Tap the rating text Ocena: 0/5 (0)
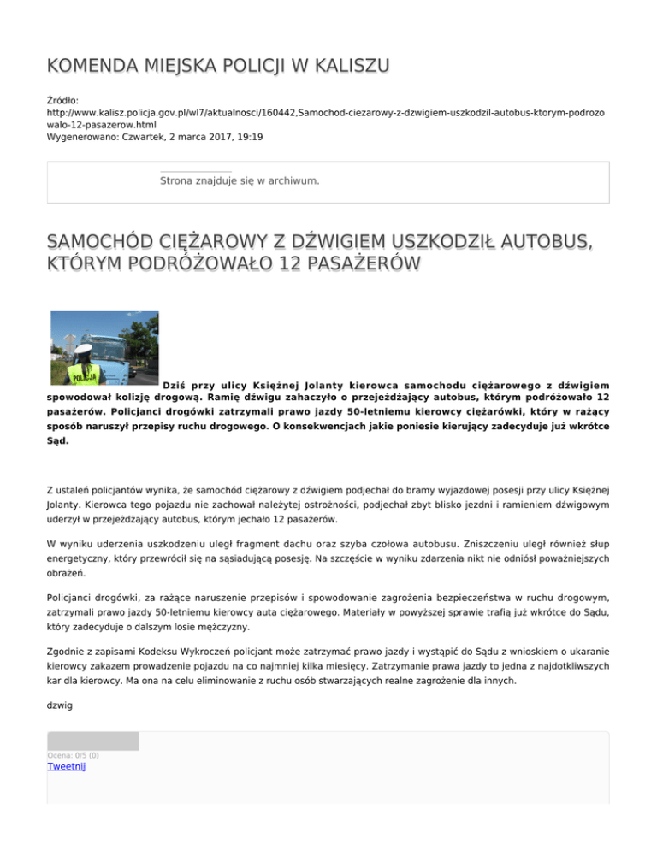pyautogui.click(x=73, y=755)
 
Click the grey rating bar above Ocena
pyautogui.click(x=92, y=741)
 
